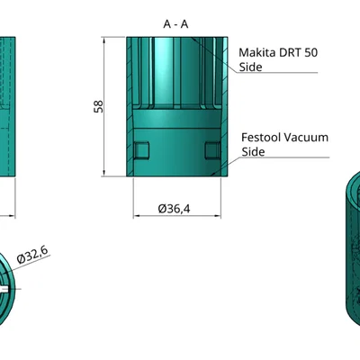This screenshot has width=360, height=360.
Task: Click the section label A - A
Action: click(x=175, y=24)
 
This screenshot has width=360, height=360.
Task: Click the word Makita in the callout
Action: click(x=258, y=53)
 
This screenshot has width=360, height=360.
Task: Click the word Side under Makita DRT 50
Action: click(x=250, y=67)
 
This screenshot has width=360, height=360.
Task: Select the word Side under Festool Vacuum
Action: click(x=253, y=152)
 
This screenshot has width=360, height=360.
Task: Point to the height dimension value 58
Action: click(x=99, y=106)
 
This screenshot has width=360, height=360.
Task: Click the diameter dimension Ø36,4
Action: click(x=174, y=209)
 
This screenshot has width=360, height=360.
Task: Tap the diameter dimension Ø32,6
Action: click(x=32, y=256)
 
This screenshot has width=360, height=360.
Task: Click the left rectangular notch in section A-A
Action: click(x=140, y=148)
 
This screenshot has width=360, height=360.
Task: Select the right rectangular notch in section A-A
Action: click(x=211, y=148)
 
